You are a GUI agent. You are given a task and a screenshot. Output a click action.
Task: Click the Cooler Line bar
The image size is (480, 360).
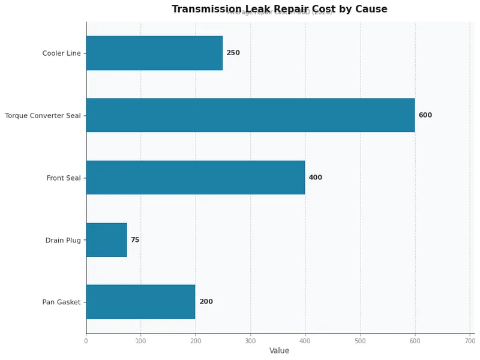154,53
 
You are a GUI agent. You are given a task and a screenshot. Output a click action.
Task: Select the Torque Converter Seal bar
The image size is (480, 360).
250,115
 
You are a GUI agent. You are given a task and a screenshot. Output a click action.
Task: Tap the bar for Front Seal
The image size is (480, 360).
195,178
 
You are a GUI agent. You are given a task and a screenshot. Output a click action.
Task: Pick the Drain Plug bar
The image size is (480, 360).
106,240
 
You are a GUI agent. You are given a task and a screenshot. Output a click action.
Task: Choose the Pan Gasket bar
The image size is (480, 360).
140,302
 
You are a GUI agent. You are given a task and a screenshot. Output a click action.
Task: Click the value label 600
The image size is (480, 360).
425,115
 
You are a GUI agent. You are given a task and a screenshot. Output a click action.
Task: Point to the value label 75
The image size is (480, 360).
135,240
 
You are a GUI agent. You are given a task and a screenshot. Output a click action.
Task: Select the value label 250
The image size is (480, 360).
233,53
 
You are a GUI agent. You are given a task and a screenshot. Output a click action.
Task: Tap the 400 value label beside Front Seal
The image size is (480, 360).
315,178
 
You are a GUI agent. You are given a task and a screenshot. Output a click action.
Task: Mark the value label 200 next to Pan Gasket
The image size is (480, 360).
206,302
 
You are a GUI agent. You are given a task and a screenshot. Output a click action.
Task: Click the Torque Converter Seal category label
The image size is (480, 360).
43,115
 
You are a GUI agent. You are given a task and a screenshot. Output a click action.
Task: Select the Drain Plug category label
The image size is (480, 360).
63,240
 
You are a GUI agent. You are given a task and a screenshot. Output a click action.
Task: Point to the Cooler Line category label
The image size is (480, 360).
61,53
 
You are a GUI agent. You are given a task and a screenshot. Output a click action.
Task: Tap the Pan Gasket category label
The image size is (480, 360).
61,302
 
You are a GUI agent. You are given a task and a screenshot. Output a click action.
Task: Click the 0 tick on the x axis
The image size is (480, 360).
86,341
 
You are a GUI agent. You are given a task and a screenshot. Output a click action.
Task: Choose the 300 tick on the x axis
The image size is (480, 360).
250,341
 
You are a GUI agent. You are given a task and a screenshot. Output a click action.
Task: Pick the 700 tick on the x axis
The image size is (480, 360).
470,341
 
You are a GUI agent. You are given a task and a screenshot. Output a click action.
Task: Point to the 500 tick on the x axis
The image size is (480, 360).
360,341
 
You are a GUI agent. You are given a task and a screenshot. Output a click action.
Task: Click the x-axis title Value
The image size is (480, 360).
279,351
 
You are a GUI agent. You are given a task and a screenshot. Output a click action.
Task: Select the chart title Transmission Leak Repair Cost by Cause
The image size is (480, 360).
279,9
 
